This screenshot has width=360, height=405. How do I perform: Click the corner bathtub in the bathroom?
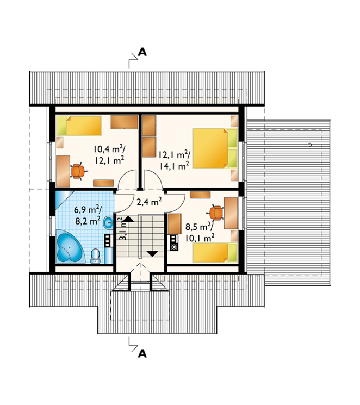(x=69, y=246)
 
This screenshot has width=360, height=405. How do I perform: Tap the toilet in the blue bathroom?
(x=96, y=256)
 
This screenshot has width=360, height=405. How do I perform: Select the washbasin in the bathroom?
(x=109, y=222)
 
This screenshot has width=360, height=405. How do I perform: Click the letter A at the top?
(x=142, y=52)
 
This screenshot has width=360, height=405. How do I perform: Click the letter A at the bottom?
(x=142, y=353)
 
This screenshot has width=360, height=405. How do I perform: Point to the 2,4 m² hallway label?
(x=149, y=202)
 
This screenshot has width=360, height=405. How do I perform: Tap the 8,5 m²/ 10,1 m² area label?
(x=200, y=232)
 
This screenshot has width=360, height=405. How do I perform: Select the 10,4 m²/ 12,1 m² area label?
(x=109, y=155)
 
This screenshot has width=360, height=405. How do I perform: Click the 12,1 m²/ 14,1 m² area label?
(x=174, y=160)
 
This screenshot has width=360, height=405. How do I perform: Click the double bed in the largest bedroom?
(x=215, y=148)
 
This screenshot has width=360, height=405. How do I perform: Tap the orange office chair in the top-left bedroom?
(x=78, y=171)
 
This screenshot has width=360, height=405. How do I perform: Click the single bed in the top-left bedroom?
(x=79, y=126)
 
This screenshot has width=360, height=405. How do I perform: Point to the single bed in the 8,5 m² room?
(x=215, y=253)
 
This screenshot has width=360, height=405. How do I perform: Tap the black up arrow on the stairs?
(x=128, y=219)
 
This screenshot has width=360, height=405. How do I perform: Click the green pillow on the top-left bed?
(x=62, y=126)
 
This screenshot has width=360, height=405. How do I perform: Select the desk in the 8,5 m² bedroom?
(x=231, y=213)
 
